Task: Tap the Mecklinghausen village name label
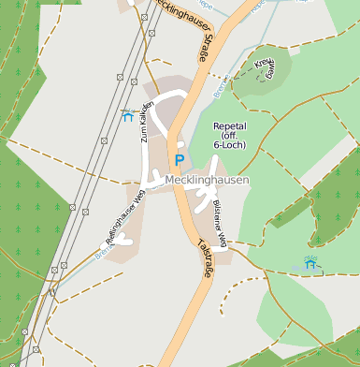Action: point(208,180)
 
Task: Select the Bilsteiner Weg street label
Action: point(219,224)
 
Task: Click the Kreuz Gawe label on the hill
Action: point(265,67)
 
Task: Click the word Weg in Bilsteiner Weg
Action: point(223,240)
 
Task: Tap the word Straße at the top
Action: point(202,49)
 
